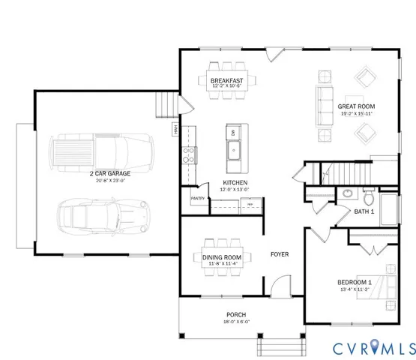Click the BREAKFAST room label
pos(226,80)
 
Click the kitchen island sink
pos(234,154)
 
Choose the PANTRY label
pos(198,198)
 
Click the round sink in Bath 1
pos(347,193)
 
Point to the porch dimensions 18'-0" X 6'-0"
pos(236,322)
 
